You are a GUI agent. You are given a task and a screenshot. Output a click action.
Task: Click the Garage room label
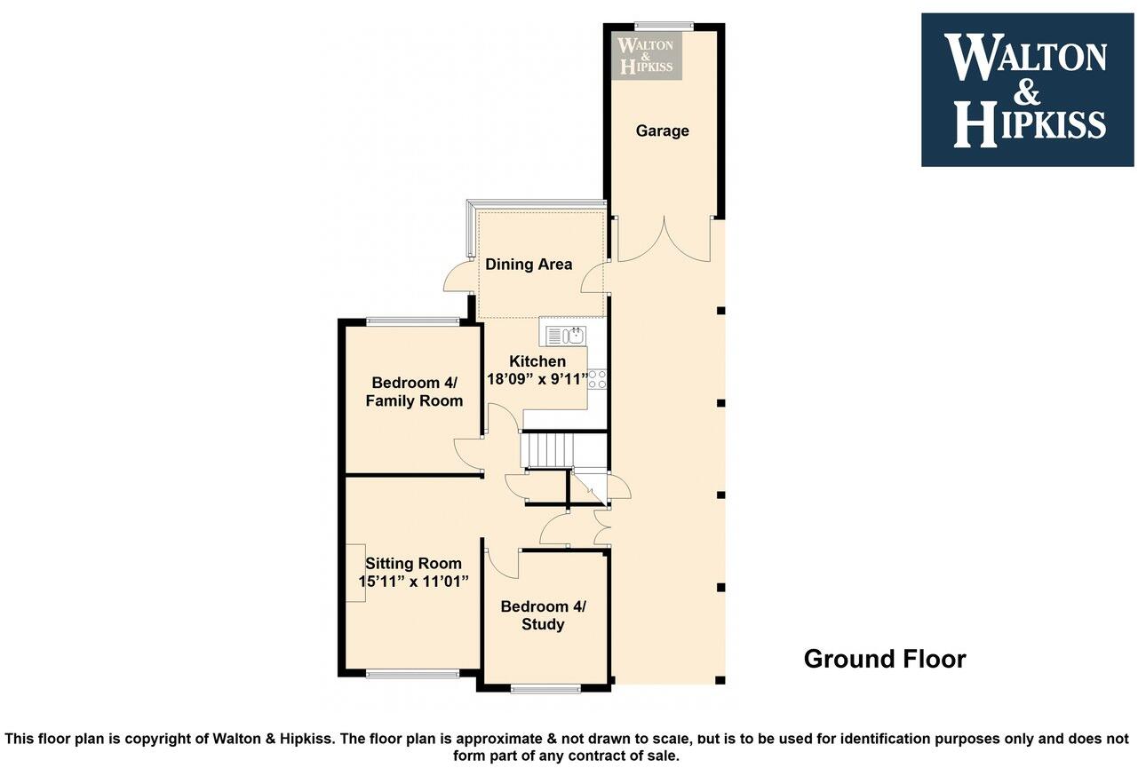tap(662, 131)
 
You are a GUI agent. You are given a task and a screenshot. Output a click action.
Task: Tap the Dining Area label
tap(529, 265)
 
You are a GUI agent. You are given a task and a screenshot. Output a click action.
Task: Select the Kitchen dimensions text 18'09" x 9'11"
tap(538, 379)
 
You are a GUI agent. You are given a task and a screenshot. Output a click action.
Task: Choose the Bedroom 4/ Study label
tap(543, 615)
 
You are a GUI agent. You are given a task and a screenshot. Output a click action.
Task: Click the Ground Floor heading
tap(884, 659)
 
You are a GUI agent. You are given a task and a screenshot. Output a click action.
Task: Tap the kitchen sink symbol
tap(563, 336)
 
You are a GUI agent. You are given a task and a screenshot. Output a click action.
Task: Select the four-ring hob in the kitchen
tap(597, 379)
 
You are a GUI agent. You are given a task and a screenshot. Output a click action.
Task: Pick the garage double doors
tap(664, 241)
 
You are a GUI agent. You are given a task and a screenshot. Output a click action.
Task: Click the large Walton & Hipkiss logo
tap(1027, 90)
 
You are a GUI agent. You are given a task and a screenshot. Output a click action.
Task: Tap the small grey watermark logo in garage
tap(647, 54)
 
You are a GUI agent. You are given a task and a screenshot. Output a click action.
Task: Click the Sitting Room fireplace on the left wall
tap(355, 573)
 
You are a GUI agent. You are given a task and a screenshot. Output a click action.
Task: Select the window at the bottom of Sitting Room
tap(412, 674)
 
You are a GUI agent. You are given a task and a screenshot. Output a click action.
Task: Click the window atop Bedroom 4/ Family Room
tap(412, 321)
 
